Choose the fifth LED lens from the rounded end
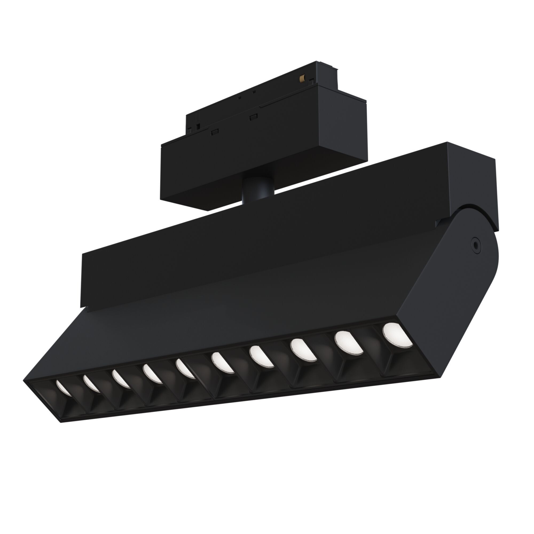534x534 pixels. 222,362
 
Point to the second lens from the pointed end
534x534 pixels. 91,383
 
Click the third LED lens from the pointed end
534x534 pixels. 121,379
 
